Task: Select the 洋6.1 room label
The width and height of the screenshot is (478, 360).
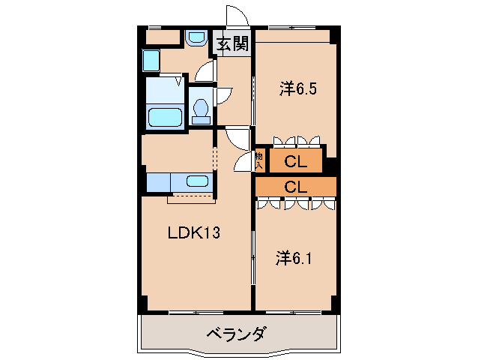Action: pyautogui.click(x=293, y=259)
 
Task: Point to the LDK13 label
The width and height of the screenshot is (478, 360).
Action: pyautogui.click(x=193, y=233)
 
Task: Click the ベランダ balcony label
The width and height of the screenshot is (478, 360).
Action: pyautogui.click(x=235, y=334)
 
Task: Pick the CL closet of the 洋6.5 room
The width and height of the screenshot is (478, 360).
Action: pyautogui.click(x=294, y=160)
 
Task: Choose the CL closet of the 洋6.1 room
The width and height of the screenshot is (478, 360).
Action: pyautogui.click(x=296, y=187)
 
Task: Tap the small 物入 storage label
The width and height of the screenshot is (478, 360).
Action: pyautogui.click(x=260, y=160)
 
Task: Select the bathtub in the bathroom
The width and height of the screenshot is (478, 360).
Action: pyautogui.click(x=165, y=117)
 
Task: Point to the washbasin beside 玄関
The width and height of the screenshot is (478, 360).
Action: pyautogui.click(x=197, y=38)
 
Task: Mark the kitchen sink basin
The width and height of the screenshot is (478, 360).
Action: pyautogui.click(x=197, y=181)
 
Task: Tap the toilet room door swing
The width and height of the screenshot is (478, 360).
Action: pyautogui.click(x=222, y=96)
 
